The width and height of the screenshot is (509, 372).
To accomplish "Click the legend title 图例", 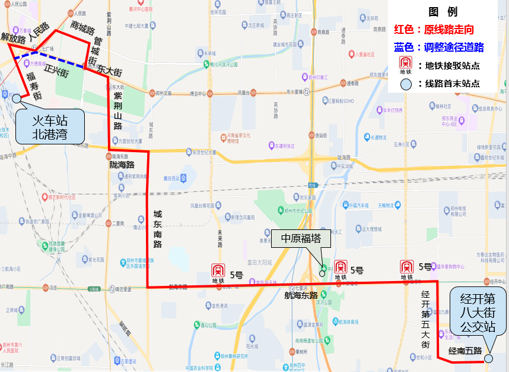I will pyautogui.click(x=443, y=11).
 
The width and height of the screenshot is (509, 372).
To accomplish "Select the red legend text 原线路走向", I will pyautogui.click(x=456, y=29).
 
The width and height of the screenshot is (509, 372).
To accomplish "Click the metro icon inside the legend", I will pyautogui.click(x=406, y=65).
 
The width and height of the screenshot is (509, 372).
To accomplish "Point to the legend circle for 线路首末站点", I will pyautogui.click(x=406, y=84).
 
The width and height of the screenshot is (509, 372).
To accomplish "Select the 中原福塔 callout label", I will pyautogui.click(x=301, y=238).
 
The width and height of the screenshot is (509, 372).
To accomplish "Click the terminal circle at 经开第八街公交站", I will pyautogui.click(x=488, y=358).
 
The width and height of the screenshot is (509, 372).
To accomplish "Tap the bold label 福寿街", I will pyautogui.click(x=34, y=86).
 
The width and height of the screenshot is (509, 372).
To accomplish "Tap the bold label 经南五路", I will pyautogui.click(x=465, y=351).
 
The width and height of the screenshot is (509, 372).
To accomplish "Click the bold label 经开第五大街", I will pyautogui.click(x=425, y=320).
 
